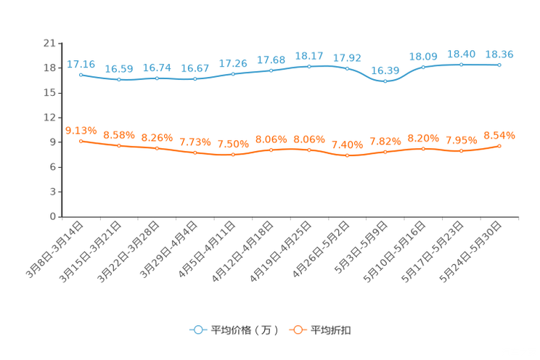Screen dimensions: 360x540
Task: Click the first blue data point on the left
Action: (81, 74)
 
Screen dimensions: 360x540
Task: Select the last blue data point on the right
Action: (499, 65)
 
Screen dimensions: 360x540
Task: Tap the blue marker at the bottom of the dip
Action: (385, 81)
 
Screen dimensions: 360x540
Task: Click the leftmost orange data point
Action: (81, 140)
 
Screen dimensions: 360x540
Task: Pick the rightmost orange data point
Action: (499, 146)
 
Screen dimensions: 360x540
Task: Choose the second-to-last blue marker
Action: (461, 65)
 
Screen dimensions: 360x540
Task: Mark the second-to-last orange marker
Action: (461, 151)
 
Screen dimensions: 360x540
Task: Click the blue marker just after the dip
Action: (423, 67)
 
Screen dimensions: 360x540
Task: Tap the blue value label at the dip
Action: (385, 70)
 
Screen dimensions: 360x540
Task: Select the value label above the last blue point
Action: (499, 54)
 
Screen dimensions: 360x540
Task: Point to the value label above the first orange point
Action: (81, 130)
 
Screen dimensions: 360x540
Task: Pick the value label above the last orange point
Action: (499, 134)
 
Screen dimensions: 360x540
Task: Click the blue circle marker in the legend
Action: (197, 330)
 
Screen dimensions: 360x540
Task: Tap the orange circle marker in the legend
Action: (296, 330)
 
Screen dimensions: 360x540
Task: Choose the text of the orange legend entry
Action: (332, 330)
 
